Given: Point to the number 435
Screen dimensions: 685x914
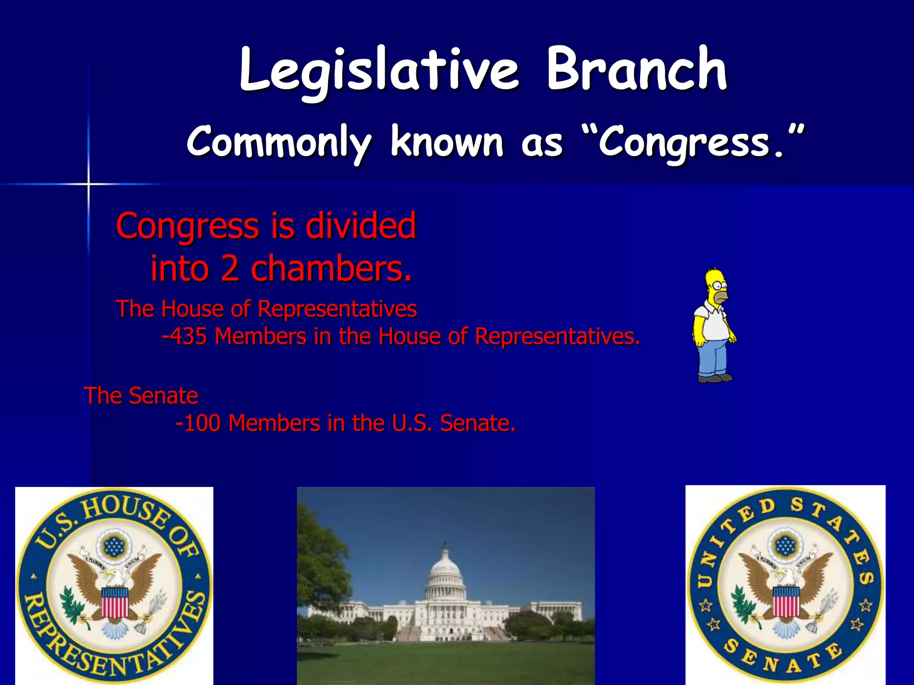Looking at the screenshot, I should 188,336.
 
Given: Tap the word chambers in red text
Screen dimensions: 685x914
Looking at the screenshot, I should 330,269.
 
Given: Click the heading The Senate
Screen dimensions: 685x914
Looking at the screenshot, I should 141,396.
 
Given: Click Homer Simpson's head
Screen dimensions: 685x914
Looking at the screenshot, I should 716,285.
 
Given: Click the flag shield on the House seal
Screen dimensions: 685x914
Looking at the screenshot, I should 115,602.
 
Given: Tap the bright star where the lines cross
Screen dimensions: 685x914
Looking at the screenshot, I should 88,184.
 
